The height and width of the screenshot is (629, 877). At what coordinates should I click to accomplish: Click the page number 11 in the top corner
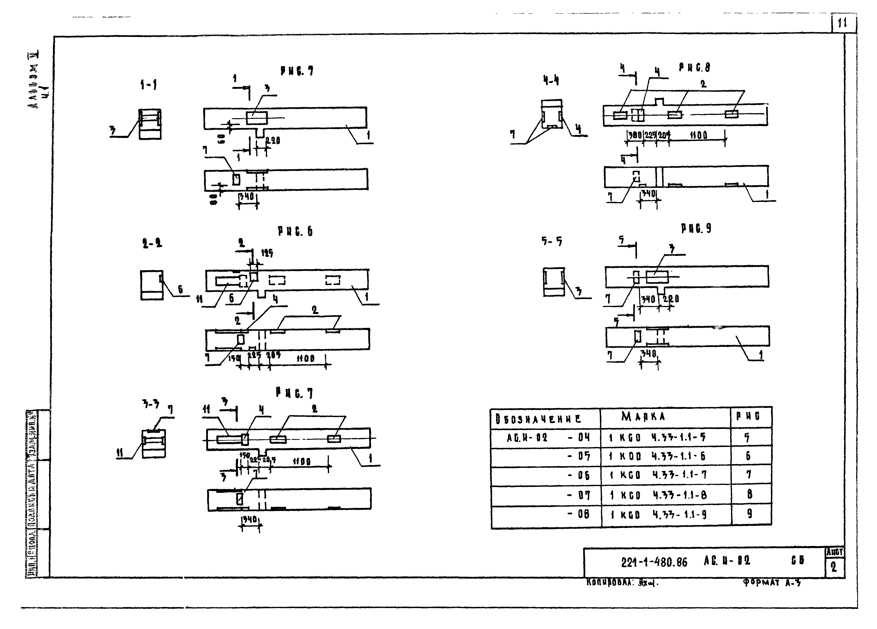point(842,23)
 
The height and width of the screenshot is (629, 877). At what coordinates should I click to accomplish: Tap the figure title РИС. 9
point(696,229)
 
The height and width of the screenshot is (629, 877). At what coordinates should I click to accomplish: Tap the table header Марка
point(644,416)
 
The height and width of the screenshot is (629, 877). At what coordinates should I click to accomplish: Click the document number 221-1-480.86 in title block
point(654,562)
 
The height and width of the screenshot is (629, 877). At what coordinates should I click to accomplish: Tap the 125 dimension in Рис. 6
point(267,253)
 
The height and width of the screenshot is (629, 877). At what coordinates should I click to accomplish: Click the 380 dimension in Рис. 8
point(635,135)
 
